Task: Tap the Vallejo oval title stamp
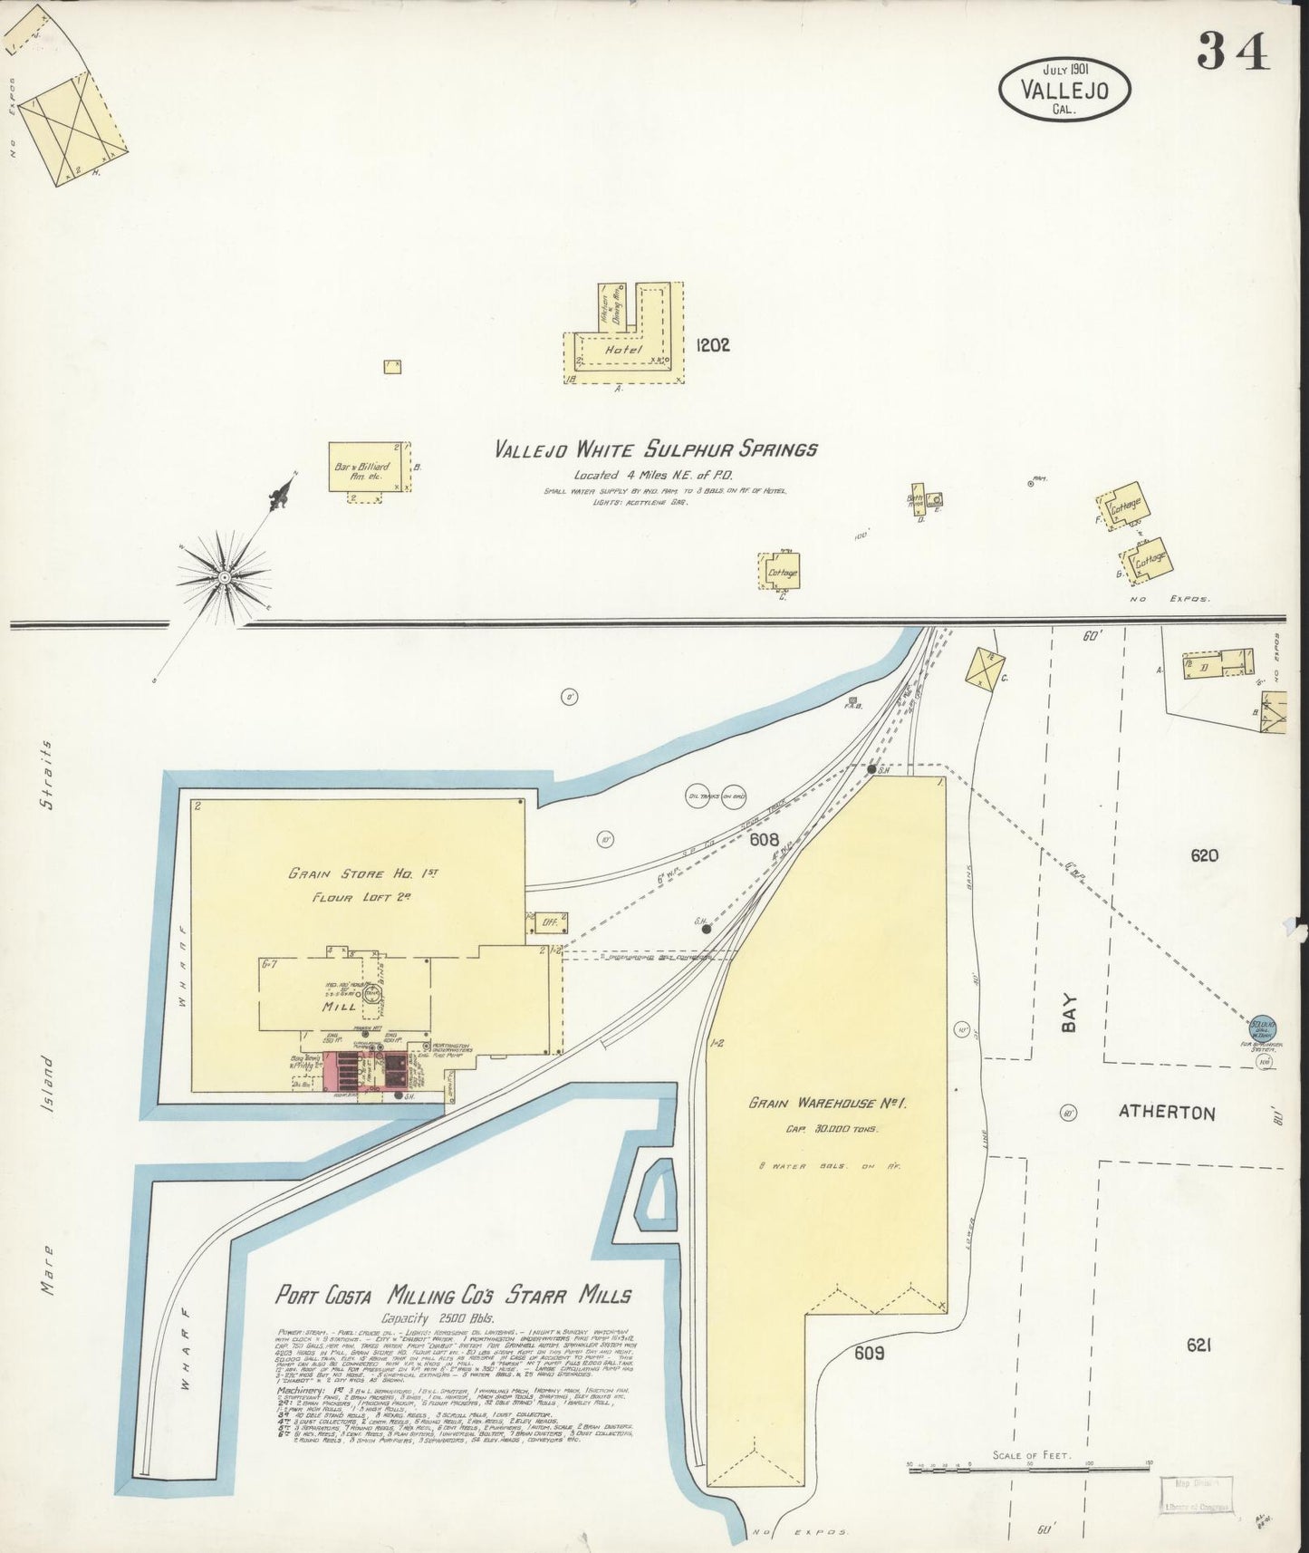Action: click(x=1065, y=89)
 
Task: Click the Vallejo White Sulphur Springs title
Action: click(x=656, y=449)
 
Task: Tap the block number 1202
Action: click(x=713, y=345)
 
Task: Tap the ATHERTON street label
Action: click(x=1167, y=1113)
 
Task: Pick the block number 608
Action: click(x=765, y=840)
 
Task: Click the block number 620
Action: click(x=1206, y=855)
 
